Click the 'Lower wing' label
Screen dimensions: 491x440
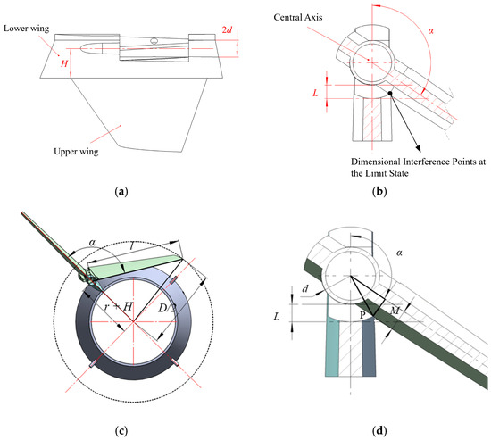pos(26,29)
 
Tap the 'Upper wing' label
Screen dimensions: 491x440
pos(76,152)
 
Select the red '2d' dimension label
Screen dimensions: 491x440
pos(227,29)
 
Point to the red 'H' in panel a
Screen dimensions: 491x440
pos(64,64)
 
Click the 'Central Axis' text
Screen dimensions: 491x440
pos(298,17)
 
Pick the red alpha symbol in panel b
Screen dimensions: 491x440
pos(431,30)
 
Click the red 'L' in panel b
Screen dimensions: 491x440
pos(316,93)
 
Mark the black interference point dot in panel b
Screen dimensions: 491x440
pos(390,94)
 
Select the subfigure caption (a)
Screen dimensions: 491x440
pos(121,191)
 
